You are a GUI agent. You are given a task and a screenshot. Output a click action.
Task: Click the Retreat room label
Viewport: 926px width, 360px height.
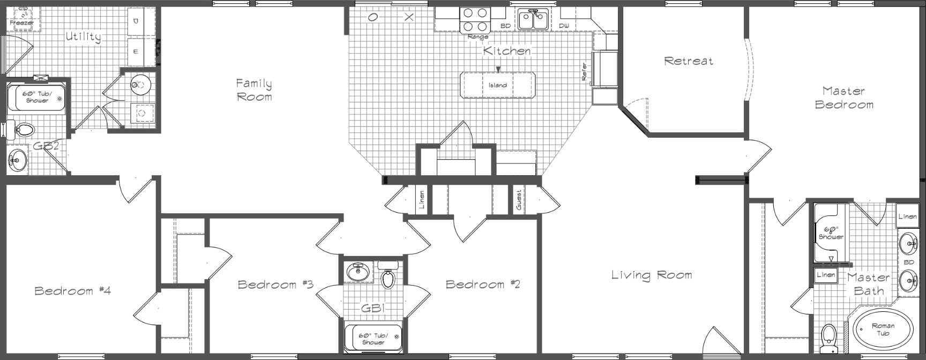[x=689, y=61]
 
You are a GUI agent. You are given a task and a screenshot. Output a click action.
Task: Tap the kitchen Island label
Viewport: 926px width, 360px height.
[x=497, y=85]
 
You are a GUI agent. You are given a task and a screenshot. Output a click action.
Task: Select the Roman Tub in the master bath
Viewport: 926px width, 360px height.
[x=883, y=329]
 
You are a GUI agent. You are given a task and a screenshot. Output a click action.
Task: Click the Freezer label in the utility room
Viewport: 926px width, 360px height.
[x=21, y=23]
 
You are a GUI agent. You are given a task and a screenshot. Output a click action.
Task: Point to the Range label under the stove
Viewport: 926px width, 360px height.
[x=478, y=37]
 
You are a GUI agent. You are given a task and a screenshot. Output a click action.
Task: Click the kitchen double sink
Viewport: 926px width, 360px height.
[x=532, y=20]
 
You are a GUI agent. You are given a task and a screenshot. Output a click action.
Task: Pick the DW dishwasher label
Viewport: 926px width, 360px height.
[x=564, y=26]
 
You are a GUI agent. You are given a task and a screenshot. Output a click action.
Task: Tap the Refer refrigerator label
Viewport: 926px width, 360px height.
[x=585, y=72]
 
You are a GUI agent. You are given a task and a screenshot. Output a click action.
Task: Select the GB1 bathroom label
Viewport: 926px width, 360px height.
[x=374, y=308]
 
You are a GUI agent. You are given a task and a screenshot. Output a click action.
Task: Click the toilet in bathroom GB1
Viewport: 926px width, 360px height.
[x=387, y=277]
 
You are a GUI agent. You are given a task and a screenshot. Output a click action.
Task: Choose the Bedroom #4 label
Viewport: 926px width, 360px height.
[x=72, y=291]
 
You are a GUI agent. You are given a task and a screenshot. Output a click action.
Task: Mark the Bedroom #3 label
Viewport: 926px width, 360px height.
[x=275, y=284]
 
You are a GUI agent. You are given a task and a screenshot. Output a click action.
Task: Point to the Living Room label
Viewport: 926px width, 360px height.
[x=652, y=275]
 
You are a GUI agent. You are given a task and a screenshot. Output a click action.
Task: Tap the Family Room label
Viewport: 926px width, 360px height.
[x=254, y=90]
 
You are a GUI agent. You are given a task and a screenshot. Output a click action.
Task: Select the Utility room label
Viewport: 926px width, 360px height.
[x=83, y=37]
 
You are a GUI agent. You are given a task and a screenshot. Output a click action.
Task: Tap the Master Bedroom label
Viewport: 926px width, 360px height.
[x=844, y=97]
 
